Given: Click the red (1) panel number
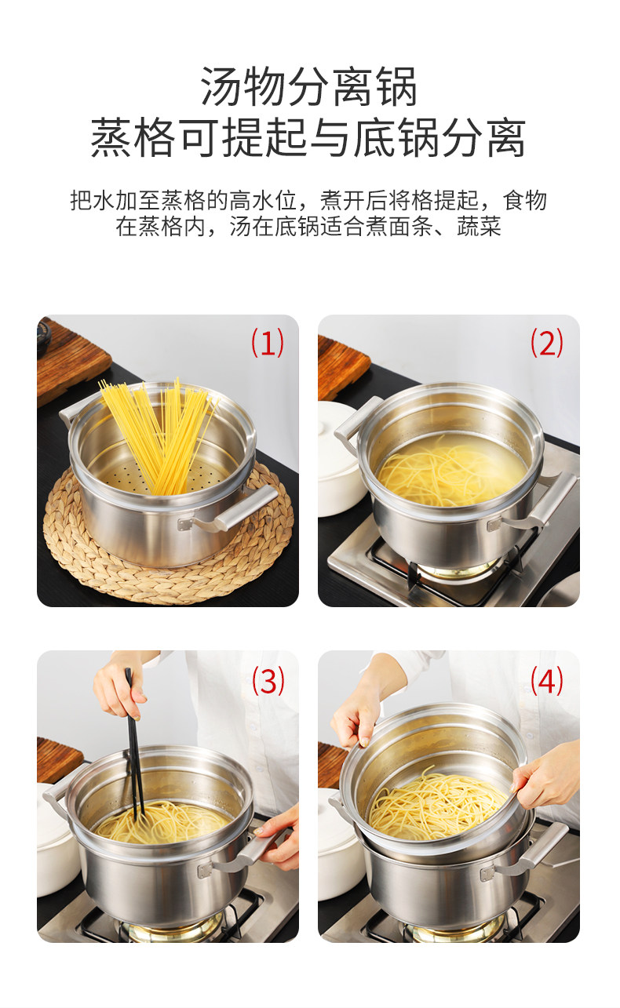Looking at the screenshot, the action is [x=268, y=343].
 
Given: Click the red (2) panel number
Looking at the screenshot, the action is [x=546, y=343].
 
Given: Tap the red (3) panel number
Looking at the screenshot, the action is [x=268, y=681].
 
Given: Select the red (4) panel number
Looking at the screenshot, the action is [x=546, y=681].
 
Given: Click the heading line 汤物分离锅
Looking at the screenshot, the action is [x=309, y=87].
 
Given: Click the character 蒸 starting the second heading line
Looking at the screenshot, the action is [x=111, y=136].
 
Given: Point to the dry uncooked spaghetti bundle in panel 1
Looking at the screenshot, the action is [x=158, y=435].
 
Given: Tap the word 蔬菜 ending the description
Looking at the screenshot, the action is [x=479, y=227].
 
